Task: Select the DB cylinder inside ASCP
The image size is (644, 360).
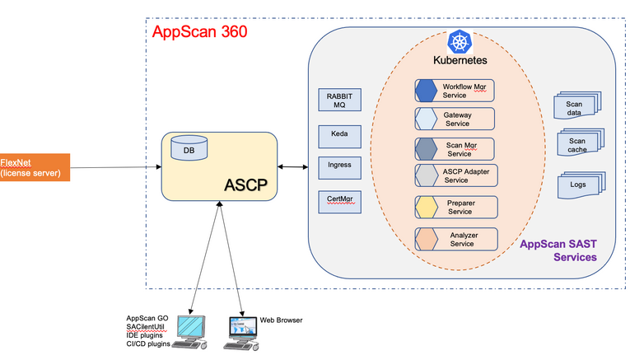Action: [x=189, y=149]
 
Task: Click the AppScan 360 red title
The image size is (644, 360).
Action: [x=199, y=33]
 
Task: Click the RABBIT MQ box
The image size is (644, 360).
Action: [x=339, y=101]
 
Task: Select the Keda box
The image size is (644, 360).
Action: [x=339, y=133]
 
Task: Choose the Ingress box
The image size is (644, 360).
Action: [x=339, y=166]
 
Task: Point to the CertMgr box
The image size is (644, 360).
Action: [x=339, y=199]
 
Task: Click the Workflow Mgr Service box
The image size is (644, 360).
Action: [x=455, y=90]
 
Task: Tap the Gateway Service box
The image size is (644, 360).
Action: [x=455, y=119]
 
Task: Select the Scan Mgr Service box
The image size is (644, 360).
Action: [x=455, y=149]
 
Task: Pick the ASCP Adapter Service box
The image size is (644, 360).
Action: [x=455, y=175]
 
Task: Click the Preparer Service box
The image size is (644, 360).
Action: [x=455, y=207]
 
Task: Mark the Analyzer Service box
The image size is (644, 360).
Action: [x=455, y=239]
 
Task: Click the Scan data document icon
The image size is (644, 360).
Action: [x=574, y=109]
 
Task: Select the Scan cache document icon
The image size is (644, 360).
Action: [x=577, y=145]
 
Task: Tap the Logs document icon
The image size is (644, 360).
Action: [x=577, y=185]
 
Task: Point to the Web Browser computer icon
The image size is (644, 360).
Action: [x=240, y=331]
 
